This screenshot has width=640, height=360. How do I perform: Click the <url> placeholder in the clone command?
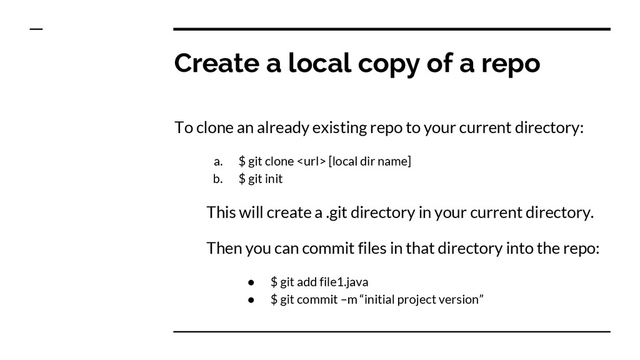[311, 162]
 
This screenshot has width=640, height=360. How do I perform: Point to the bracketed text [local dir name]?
[370, 162]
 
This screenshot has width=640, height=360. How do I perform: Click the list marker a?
[218, 162]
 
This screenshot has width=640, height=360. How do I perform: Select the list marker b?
[218, 179]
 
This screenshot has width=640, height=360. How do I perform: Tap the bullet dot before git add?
[251, 282]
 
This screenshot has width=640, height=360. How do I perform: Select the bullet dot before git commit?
[251, 299]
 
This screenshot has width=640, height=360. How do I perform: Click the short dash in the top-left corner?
[36, 29]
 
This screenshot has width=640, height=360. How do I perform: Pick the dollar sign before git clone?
[242, 162]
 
